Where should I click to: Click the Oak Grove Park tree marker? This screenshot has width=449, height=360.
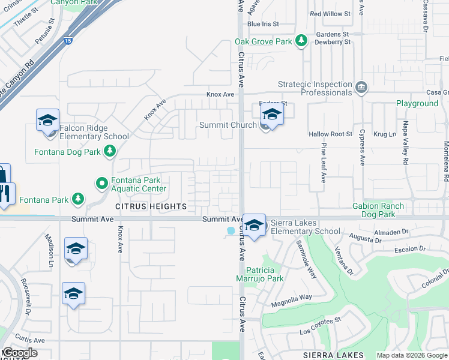point(302,41)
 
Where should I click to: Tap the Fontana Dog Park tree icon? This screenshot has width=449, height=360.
point(109,152)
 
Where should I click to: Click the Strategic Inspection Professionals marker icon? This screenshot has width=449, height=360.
point(360,88)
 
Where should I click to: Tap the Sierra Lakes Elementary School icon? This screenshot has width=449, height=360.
point(255,226)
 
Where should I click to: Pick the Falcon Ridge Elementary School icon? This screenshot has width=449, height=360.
point(47,121)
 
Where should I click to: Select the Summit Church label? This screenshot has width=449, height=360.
point(228,125)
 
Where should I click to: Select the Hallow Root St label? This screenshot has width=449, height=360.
point(330,134)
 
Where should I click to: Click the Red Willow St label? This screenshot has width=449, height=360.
point(330,14)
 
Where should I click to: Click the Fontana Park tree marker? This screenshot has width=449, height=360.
point(77,199)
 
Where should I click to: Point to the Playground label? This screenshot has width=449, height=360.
point(417,103)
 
